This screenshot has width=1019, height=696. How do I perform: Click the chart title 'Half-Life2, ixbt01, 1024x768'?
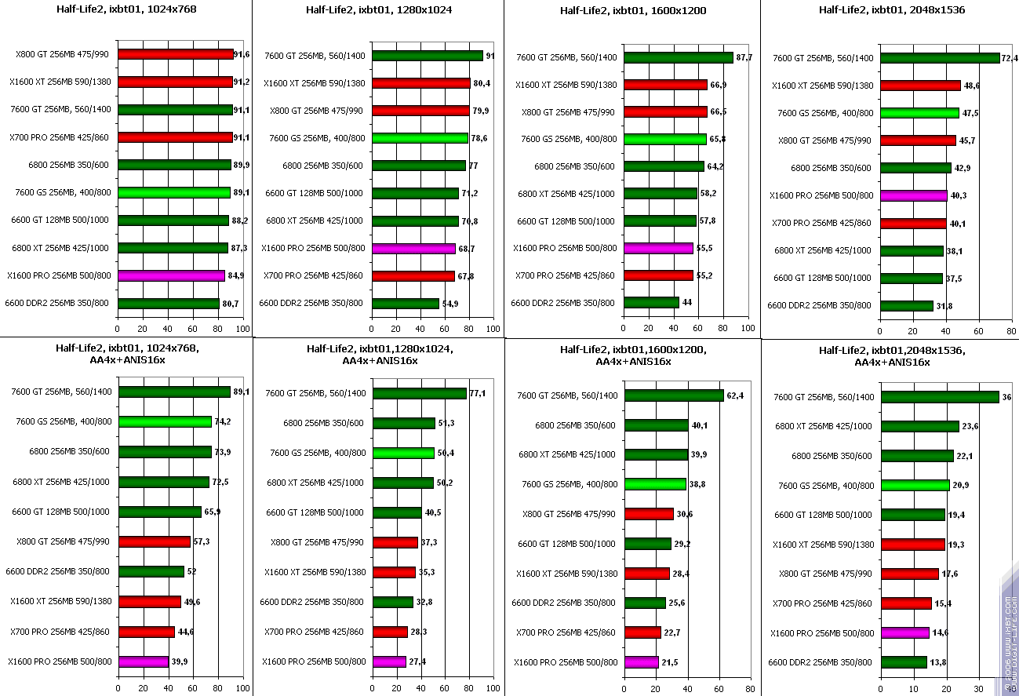click(126, 10)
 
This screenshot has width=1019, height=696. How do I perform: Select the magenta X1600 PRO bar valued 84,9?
click(171, 275)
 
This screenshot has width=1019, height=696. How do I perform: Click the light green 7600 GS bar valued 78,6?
click(420, 138)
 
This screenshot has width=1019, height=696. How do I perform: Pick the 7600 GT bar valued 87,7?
click(679, 57)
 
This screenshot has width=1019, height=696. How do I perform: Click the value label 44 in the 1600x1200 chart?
click(688, 302)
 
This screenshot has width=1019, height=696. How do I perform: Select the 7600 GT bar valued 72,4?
click(940, 57)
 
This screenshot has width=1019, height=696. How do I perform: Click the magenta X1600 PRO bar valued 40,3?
click(914, 195)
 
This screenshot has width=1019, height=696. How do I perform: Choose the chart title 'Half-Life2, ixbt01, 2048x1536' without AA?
click(891, 10)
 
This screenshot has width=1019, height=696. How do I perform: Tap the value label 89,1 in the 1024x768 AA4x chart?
click(242, 392)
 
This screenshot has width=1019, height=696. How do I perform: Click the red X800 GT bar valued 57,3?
click(155, 541)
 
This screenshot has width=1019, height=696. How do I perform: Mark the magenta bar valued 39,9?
click(144, 661)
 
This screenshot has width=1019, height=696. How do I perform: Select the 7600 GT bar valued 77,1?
click(420, 393)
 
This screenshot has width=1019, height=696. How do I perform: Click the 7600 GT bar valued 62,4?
click(674, 395)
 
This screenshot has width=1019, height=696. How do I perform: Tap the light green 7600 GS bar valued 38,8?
click(655, 484)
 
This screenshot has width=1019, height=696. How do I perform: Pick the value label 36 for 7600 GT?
click(1006, 397)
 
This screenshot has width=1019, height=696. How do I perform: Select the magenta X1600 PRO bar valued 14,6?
click(905, 632)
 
